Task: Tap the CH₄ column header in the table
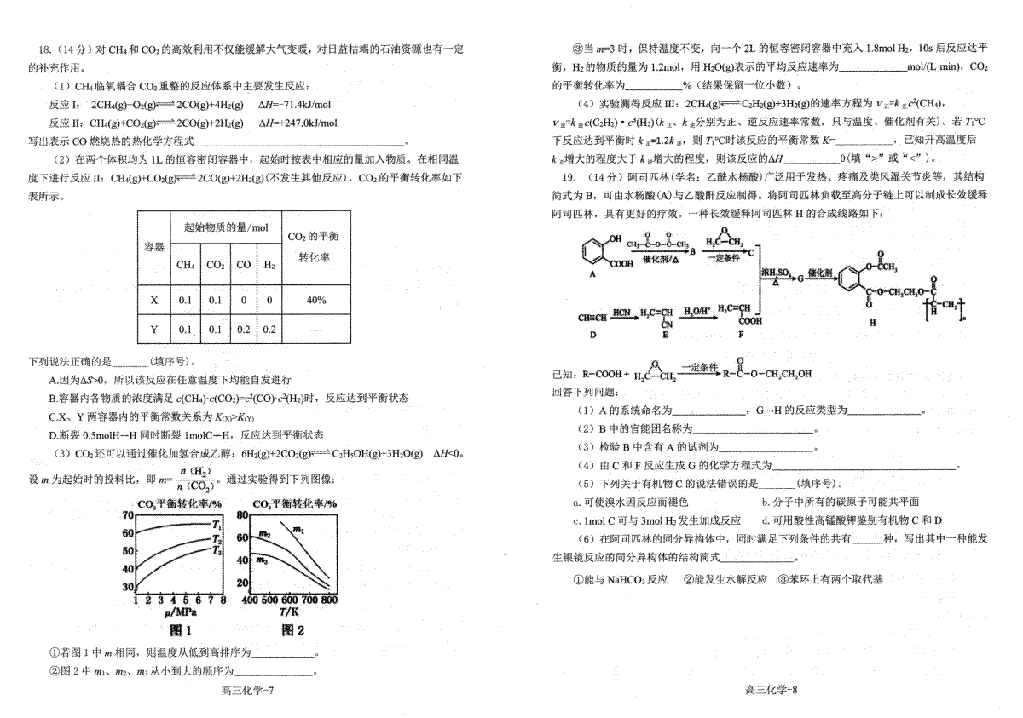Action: click(x=185, y=265)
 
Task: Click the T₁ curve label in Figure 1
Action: click(x=217, y=525)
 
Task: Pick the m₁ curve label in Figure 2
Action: click(x=298, y=530)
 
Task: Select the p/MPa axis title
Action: click(x=181, y=612)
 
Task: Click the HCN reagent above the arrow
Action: click(x=621, y=310)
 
